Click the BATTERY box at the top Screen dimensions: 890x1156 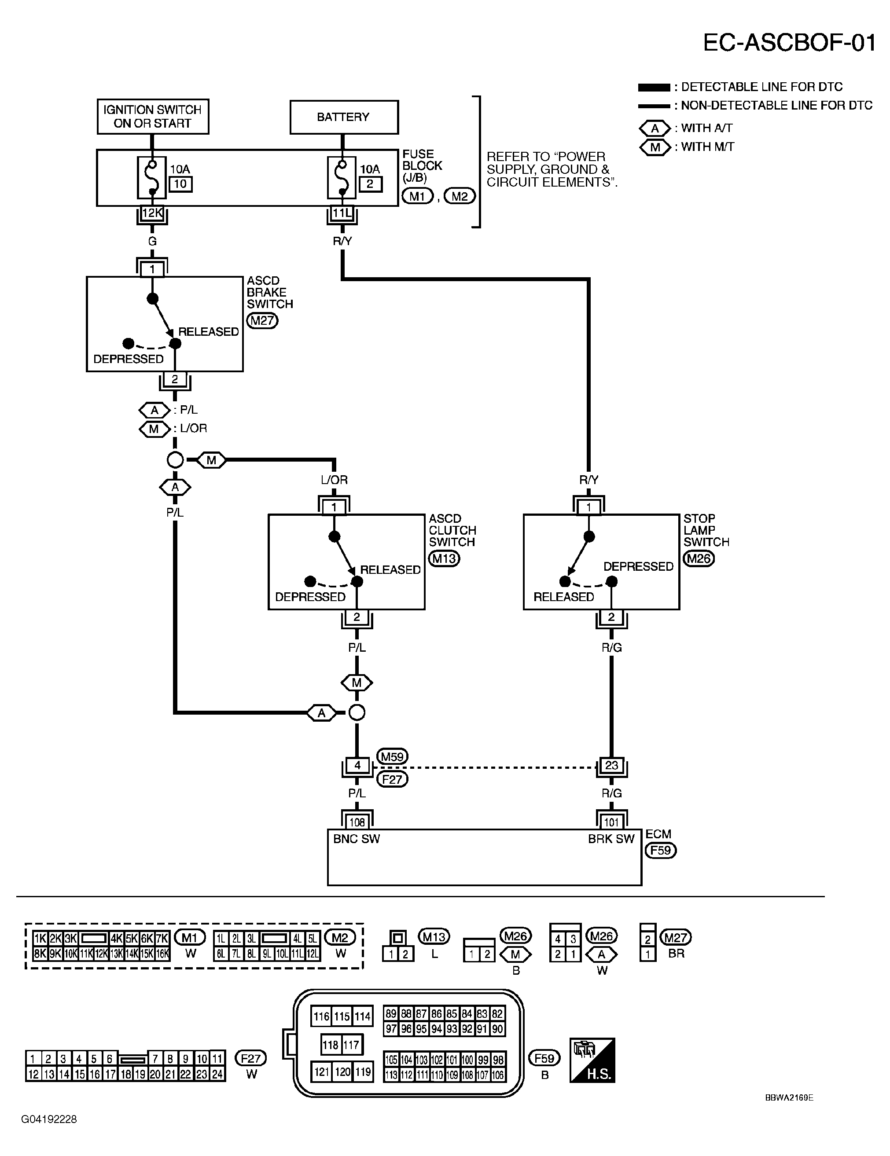point(344,117)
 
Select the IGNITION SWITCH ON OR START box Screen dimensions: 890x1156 point(152,117)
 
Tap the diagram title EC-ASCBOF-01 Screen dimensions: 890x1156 point(789,42)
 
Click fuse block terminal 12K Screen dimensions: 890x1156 point(152,213)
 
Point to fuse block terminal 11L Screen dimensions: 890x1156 point(342,213)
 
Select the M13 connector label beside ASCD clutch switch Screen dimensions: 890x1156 point(444,558)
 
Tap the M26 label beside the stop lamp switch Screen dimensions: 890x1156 point(699,558)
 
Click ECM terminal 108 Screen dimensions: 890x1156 point(357,822)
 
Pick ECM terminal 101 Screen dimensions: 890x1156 point(611,822)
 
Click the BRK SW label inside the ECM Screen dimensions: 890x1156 point(611,839)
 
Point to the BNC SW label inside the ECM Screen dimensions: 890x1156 point(357,839)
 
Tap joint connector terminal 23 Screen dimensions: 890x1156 point(611,765)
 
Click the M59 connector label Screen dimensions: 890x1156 point(392,757)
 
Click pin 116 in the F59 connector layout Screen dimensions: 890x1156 point(321,1016)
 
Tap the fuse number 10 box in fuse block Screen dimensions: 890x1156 point(180,183)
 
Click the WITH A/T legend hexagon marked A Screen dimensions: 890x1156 point(655,128)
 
